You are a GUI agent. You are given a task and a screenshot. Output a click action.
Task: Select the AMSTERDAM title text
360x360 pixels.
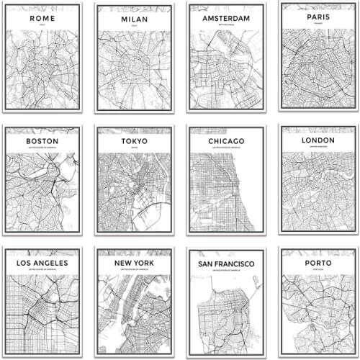[225, 17]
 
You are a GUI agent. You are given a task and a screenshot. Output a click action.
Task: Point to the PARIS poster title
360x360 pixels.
[318, 15]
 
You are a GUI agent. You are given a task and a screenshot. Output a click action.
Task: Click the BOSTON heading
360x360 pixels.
[42, 141]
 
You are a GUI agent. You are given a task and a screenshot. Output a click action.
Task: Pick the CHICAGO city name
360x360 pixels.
[225, 141]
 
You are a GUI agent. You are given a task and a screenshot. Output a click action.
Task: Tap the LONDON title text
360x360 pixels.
[318, 140]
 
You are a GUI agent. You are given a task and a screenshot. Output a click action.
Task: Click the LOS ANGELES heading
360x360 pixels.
[42, 263]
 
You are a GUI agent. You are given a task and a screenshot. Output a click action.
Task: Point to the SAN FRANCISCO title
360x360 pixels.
[225, 264]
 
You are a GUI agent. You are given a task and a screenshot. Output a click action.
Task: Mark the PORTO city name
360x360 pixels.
[318, 263]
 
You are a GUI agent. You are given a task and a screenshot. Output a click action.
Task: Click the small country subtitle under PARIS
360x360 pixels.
[318, 23]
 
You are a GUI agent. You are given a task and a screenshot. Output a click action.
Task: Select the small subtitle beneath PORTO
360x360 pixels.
[318, 271]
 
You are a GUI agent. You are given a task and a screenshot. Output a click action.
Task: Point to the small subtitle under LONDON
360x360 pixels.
[318, 148]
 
